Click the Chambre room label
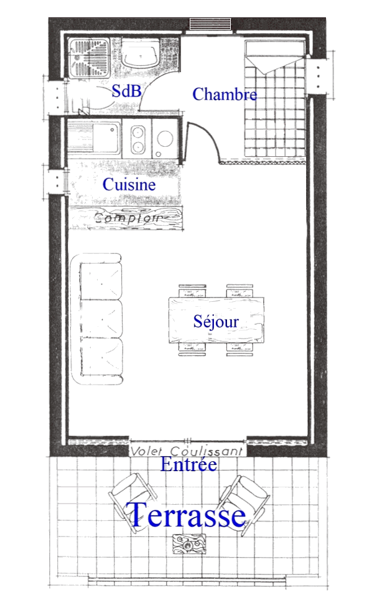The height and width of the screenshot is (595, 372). tap(225, 94)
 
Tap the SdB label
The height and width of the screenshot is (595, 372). tap(127, 91)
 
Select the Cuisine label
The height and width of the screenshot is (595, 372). tap(129, 185)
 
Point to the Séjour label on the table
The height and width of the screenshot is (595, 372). tap(216, 322)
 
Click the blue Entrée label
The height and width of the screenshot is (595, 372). tap(188, 464)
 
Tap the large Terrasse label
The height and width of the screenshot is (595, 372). tap(187, 516)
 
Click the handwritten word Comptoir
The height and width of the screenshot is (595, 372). tap(128, 218)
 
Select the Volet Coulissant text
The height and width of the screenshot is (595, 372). tap(188, 451)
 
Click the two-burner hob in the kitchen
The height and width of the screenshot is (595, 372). tap(139, 139)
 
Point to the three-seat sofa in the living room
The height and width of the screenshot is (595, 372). tap(100, 318)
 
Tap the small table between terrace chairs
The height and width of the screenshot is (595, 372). tap(187, 545)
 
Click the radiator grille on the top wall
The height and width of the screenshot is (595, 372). tap(210, 24)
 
